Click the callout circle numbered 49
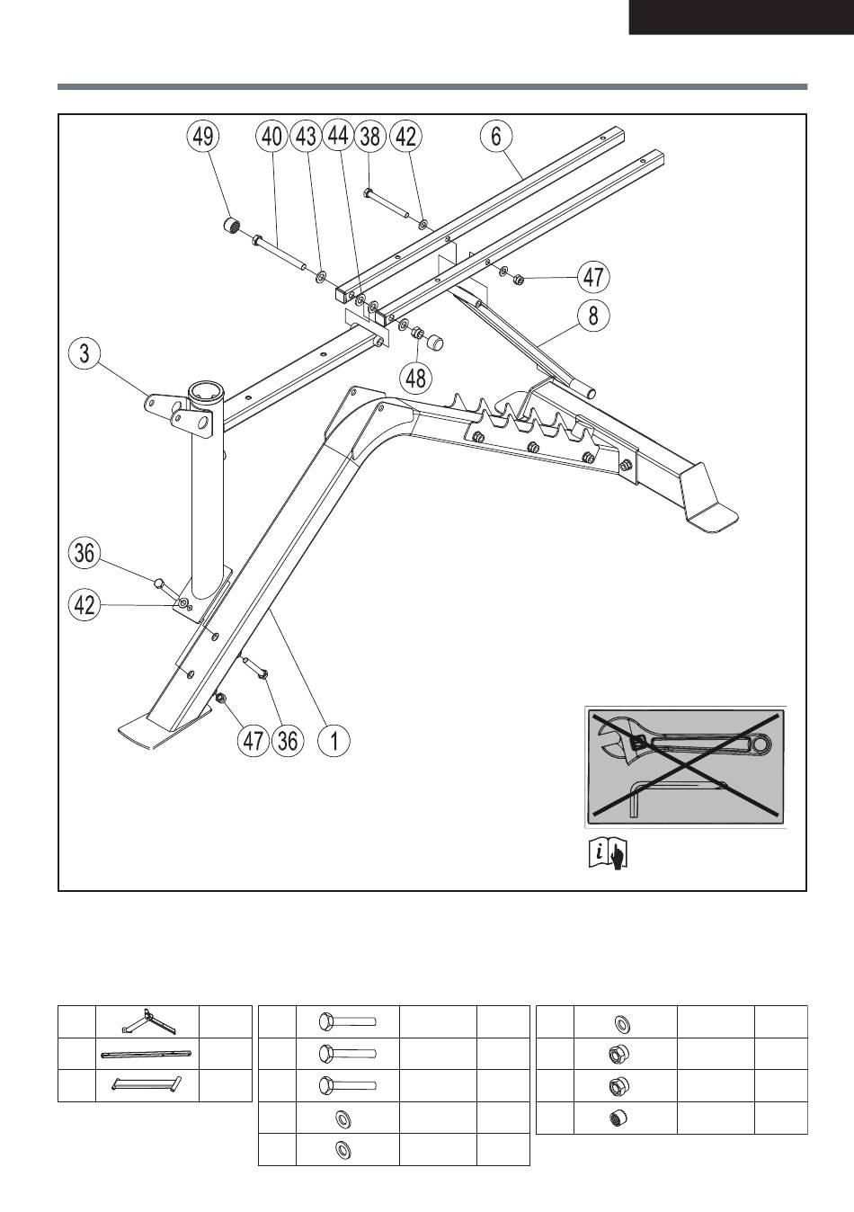coord(202,137)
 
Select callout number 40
coord(270,137)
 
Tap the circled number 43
coord(307,137)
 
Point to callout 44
coord(338,137)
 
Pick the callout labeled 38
coord(369,137)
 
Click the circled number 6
coord(495,137)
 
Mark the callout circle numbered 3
coord(85,352)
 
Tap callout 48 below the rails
coord(415,376)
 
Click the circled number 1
coord(334,741)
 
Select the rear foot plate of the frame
coord(710,514)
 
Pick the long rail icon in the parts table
coord(147,1054)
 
